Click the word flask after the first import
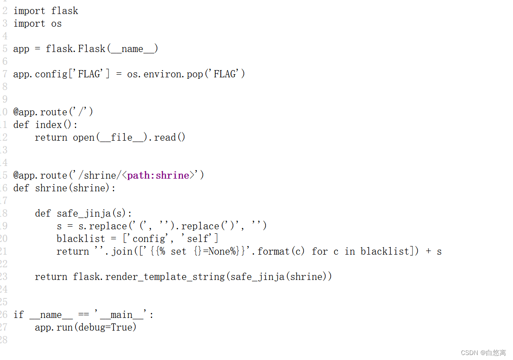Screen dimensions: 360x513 tap(65, 11)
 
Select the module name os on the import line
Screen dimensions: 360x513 tap(57, 24)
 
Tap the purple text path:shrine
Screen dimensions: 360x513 tap(158, 175)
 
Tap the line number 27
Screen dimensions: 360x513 tap(4, 327)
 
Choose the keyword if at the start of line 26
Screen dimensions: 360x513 tap(19, 315)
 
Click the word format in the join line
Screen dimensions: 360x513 tap(274, 251)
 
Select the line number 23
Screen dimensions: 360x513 tap(4, 277)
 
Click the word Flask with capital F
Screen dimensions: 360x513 tap(92, 49)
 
